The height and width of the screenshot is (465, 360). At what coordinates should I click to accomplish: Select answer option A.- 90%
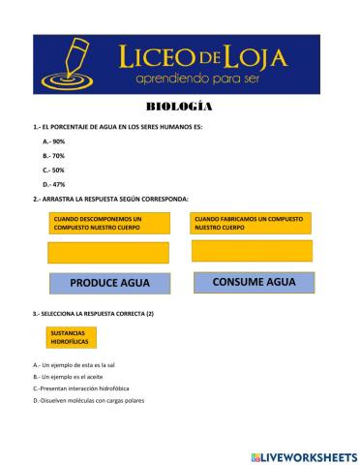click(x=53, y=141)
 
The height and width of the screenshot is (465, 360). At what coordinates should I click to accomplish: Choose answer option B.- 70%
click(x=53, y=155)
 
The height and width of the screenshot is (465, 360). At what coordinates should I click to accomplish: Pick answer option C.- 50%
click(x=53, y=170)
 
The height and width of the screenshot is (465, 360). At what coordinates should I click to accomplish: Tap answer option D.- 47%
click(x=53, y=183)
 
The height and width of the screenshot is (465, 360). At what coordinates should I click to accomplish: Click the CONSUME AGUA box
click(x=254, y=282)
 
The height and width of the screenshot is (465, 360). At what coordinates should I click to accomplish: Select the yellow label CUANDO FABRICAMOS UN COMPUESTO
click(x=254, y=224)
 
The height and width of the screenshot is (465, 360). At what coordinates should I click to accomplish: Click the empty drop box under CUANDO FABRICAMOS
click(x=255, y=251)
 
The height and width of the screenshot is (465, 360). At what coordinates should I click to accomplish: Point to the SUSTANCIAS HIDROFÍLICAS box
click(x=71, y=337)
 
